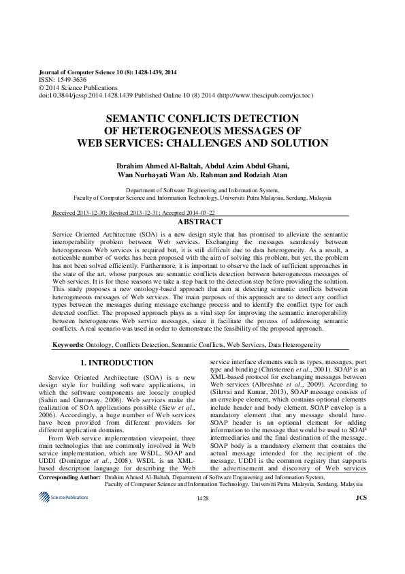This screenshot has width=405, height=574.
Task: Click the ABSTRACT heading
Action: click(x=199, y=222)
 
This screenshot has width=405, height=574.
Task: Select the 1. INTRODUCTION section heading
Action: click(x=117, y=363)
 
